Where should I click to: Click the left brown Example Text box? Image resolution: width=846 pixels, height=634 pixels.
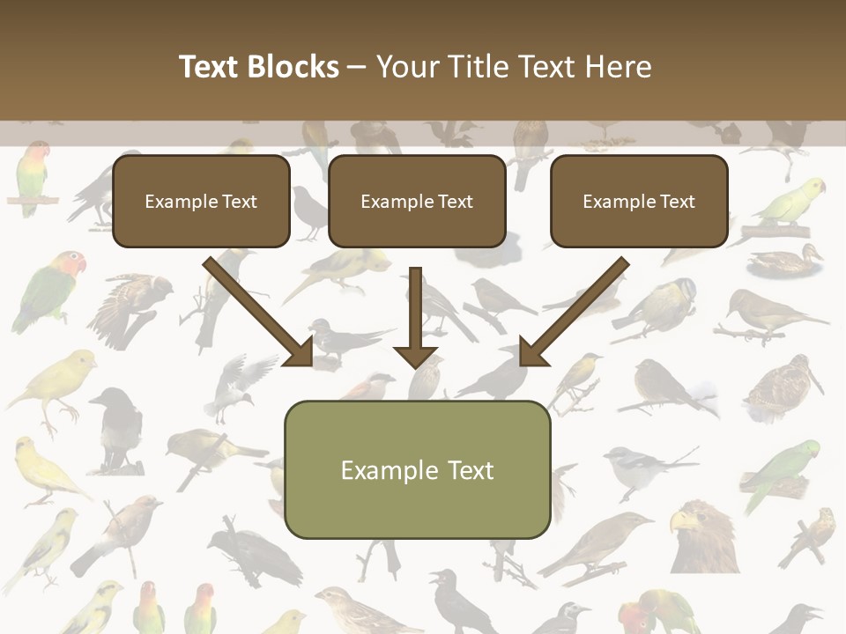pos(201,202)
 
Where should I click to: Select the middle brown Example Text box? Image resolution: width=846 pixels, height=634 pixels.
pos(417,202)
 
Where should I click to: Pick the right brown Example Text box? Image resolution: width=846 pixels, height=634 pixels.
pos(639,202)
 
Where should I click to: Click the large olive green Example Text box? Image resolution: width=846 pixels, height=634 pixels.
pos(417,469)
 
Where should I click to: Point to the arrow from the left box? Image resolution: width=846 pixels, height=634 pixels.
pos(261,312)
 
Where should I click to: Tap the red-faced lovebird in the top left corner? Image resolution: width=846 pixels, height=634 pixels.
pos(33,176)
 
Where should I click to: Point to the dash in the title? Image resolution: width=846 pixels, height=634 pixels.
pos(357,67)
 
